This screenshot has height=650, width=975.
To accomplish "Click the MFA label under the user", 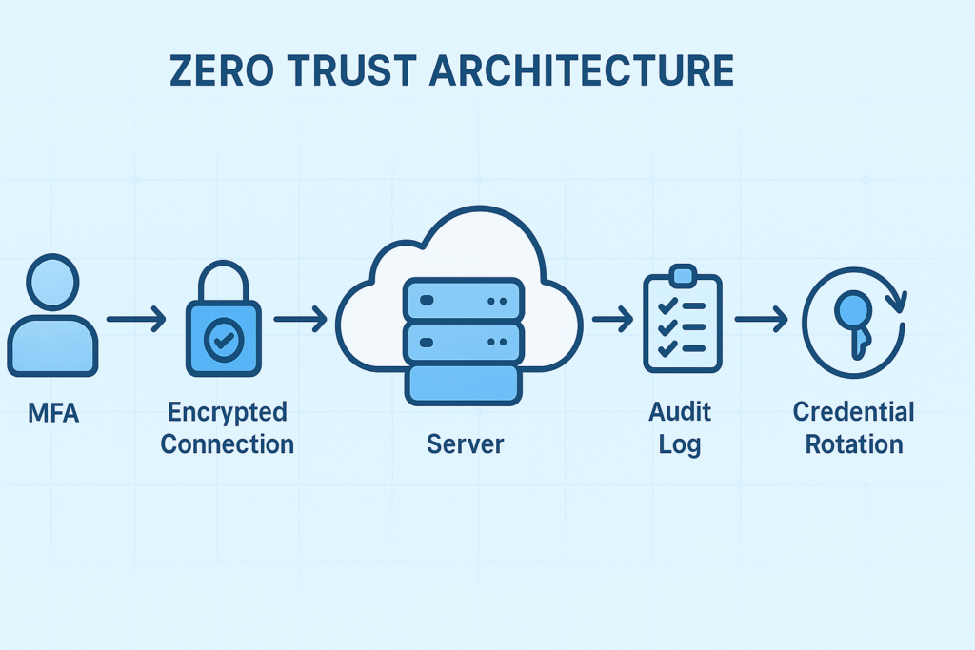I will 52,414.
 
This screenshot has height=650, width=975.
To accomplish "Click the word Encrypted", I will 227,413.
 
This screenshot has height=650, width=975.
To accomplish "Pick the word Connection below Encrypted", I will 227,443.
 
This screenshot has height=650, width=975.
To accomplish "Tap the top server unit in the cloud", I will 465,299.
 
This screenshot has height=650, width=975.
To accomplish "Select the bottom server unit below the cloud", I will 465,383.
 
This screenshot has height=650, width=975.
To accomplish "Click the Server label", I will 465,443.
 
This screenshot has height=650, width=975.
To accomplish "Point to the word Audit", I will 680,413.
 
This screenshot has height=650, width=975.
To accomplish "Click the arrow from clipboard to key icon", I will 761,319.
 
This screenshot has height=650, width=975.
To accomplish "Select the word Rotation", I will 853,443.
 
